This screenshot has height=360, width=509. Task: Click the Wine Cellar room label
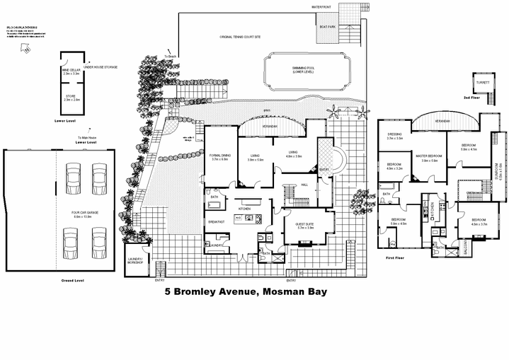[71, 71]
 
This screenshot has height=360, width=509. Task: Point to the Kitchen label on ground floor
[245, 209]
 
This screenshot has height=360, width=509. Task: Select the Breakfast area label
[217, 222]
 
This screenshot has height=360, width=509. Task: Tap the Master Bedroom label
[430, 158]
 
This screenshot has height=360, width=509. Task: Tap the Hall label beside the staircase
[304, 185]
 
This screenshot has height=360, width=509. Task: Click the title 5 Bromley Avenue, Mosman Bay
[246, 291]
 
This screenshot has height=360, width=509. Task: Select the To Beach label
[170, 56]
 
